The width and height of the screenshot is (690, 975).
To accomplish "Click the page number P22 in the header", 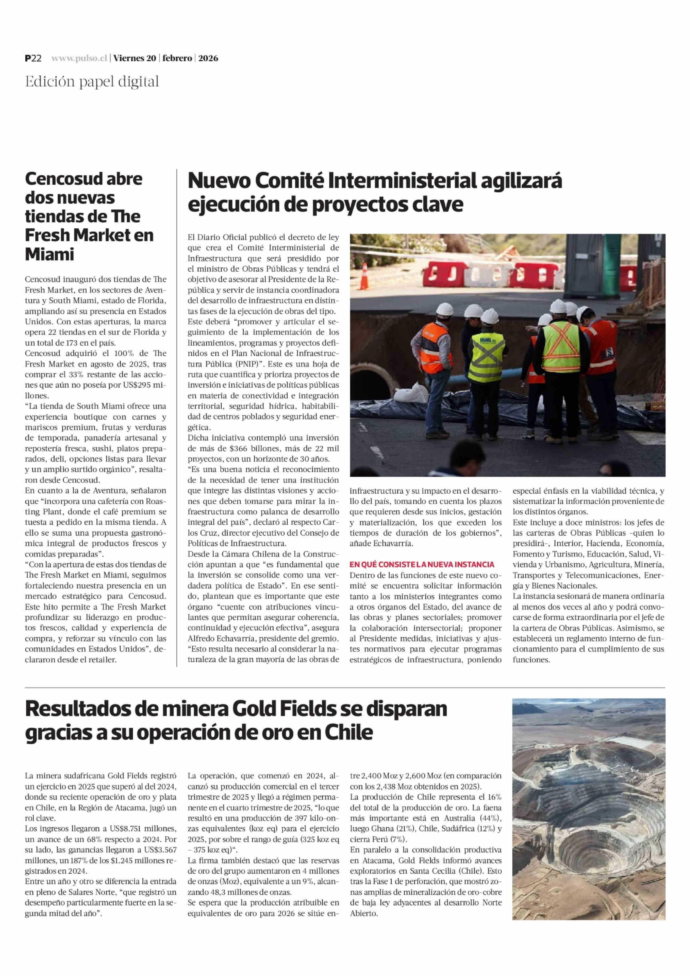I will pos(33,59).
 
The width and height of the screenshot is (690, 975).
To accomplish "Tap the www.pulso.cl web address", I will pos(79,59).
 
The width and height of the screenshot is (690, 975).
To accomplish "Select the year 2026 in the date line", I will pos(208,59).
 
